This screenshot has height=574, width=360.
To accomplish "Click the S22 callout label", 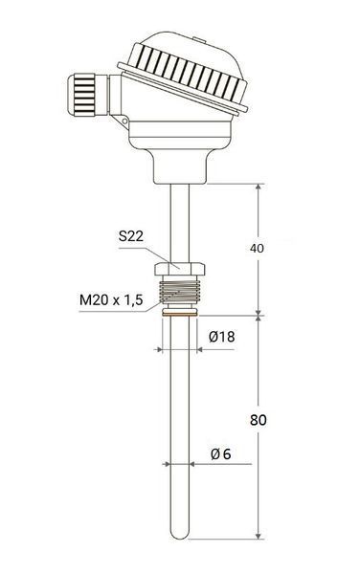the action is tap(131, 236).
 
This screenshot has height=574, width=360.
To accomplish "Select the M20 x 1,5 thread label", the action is tap(111, 300).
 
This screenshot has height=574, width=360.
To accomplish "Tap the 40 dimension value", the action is tap(257, 248).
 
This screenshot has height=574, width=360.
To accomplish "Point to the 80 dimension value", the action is tap(258, 420).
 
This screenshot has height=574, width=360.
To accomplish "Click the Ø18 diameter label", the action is tap(221, 337).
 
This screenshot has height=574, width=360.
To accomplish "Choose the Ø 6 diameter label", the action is tap(221, 453).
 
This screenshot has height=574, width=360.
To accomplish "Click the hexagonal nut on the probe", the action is tap(179, 269).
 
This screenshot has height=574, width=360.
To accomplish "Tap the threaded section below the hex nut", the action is tap(179, 291).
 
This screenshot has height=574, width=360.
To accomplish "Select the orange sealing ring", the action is tap(179, 313).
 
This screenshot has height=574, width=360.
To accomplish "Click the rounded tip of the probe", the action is tap(180, 534).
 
